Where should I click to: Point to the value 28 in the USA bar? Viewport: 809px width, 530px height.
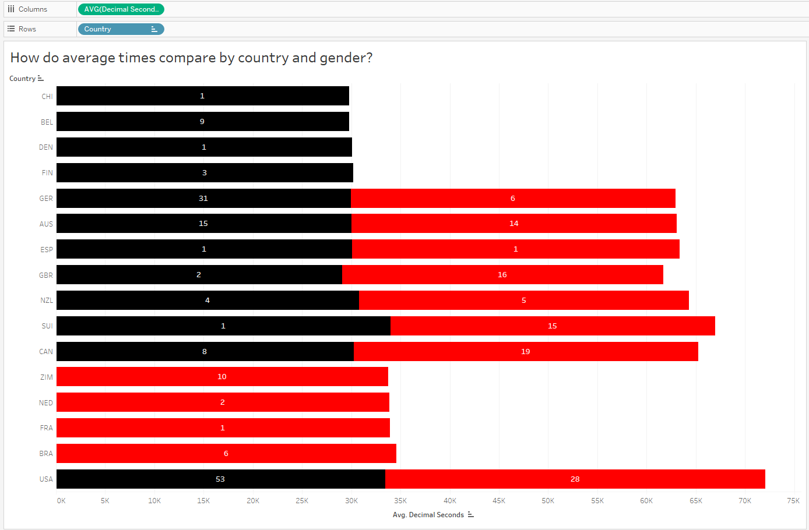coord(575,479)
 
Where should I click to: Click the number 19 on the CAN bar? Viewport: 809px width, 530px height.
coord(525,352)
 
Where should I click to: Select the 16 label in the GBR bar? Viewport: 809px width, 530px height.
coord(502,275)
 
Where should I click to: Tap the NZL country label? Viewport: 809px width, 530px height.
coord(47,301)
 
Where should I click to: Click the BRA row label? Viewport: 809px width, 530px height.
coord(46,454)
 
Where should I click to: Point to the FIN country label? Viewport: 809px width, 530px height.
coord(47,173)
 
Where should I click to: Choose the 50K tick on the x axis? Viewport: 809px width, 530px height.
coord(548,501)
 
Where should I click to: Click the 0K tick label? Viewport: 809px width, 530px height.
coord(61,501)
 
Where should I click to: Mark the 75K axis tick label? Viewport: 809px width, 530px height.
coord(793,501)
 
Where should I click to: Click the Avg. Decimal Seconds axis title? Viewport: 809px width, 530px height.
coord(428,515)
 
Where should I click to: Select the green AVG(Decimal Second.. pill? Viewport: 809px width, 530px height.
coord(121,9)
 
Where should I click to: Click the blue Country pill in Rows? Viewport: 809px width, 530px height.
coord(117,29)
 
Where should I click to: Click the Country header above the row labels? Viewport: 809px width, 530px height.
coord(22,79)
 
